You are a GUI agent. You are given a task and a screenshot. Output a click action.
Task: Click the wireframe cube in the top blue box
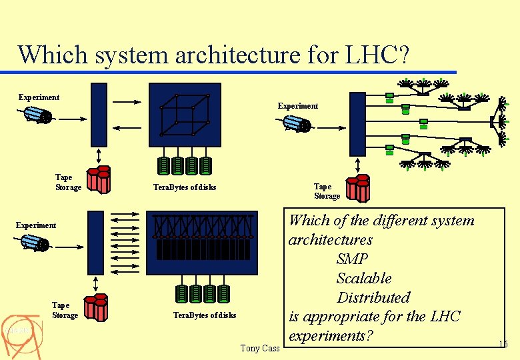coord(185,115)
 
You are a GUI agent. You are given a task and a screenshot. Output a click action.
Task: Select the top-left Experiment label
coord(39,97)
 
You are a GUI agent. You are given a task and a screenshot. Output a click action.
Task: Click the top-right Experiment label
coord(298,106)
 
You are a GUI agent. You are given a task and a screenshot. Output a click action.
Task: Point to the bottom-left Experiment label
coord(36,225)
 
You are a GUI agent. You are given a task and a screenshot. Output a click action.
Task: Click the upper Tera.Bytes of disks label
coord(185,187)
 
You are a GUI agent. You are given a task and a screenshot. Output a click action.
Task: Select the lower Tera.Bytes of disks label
coord(205,315)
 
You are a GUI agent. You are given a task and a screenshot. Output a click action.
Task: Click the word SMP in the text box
coord(353,259)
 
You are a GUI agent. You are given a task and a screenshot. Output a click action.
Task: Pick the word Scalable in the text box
coord(364,279)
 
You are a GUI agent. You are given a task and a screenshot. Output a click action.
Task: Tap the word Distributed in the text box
coord(373,298)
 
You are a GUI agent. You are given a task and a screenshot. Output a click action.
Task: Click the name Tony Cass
coord(260,348)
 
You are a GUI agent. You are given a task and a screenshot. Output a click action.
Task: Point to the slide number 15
coord(503,344)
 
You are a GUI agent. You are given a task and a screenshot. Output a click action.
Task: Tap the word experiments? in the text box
coord(330,336)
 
